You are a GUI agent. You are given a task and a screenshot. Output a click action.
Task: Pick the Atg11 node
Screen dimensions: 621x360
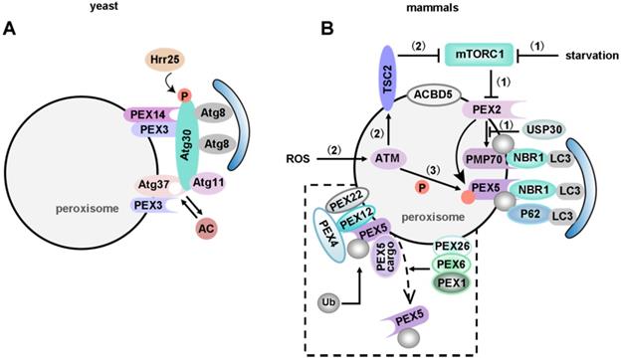[208, 183]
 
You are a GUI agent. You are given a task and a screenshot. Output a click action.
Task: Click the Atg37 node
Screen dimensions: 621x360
[154, 185]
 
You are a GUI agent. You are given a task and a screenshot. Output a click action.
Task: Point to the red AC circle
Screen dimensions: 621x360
[207, 229]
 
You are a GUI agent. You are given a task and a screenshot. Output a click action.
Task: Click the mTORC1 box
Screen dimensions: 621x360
[480, 54]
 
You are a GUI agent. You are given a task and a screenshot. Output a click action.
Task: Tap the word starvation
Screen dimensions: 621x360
[592, 56]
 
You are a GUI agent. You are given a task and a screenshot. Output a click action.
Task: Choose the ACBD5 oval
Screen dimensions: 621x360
[435, 95]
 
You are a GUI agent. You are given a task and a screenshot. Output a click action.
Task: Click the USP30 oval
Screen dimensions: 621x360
[544, 129]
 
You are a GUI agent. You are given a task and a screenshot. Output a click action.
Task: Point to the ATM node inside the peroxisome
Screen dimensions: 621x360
[385, 159]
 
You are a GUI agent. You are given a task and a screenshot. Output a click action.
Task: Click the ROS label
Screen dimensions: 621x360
[298, 159]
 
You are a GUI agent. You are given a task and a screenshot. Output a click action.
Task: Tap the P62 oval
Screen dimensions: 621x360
[530, 215]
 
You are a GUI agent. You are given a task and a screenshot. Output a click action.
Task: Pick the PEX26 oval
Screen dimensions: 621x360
[452, 248]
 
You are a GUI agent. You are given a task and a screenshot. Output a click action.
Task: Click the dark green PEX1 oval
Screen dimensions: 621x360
[452, 282]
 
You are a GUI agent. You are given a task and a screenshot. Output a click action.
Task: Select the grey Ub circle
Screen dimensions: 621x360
[328, 302]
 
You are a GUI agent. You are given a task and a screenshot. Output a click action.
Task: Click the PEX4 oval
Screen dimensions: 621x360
[329, 235]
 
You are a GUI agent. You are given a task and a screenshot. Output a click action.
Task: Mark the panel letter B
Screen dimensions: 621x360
[326, 29]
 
